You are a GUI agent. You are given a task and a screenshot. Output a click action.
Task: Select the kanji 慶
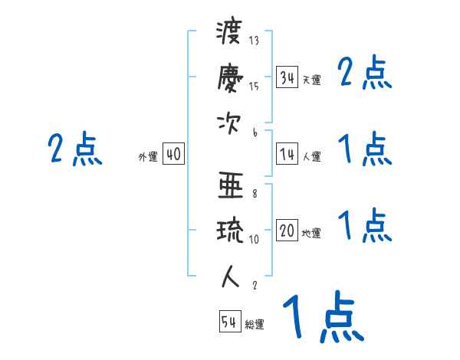228,79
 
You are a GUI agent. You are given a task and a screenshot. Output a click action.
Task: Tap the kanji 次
228,123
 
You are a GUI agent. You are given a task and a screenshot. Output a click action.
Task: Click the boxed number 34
287,77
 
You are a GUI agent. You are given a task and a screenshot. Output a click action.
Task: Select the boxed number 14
287,154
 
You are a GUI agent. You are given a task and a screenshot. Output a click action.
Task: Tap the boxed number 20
287,231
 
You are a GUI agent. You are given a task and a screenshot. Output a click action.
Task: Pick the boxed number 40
173,154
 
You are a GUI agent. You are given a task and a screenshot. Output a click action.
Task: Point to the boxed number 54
229,322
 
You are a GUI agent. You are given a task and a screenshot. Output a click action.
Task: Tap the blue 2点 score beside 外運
75,149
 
